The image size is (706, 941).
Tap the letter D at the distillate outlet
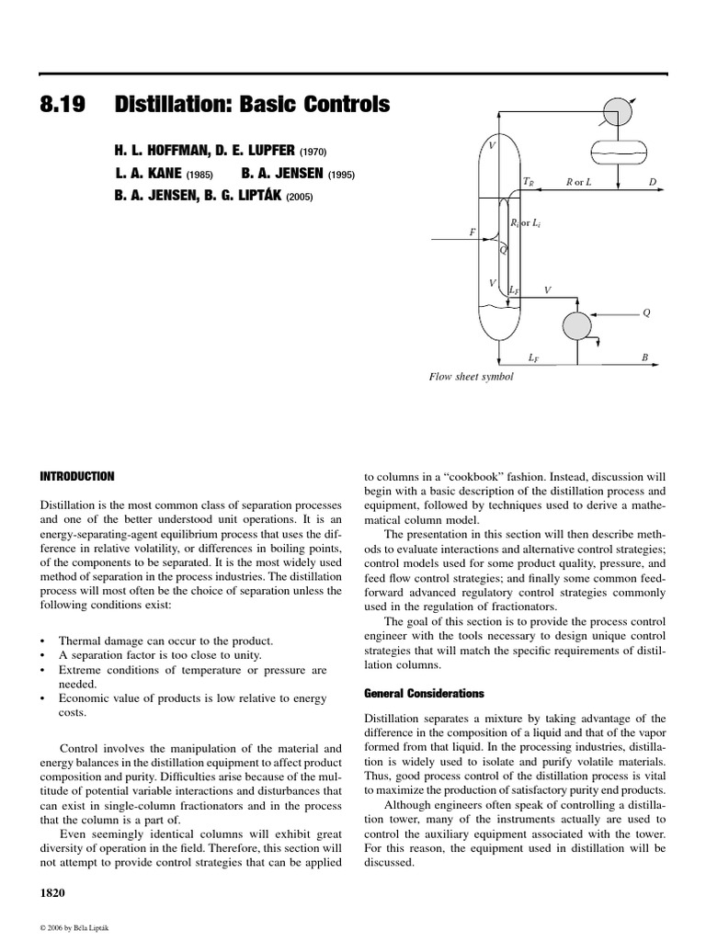pyautogui.click(x=652, y=182)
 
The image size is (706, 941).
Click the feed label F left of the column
pyautogui.click(x=473, y=232)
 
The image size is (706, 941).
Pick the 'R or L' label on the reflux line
pyautogui.click(x=579, y=182)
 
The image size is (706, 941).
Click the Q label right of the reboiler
pyautogui.click(x=647, y=312)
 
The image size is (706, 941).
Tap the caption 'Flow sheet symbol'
pyautogui.click(x=471, y=377)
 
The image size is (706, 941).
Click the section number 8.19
pyautogui.click(x=62, y=106)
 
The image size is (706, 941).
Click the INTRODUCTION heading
pyautogui.click(x=78, y=476)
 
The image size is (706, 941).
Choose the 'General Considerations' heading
pyautogui.click(x=419, y=693)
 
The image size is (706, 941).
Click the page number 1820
pyautogui.click(x=51, y=892)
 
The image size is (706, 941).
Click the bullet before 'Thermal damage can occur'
pyautogui.click(x=44, y=640)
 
